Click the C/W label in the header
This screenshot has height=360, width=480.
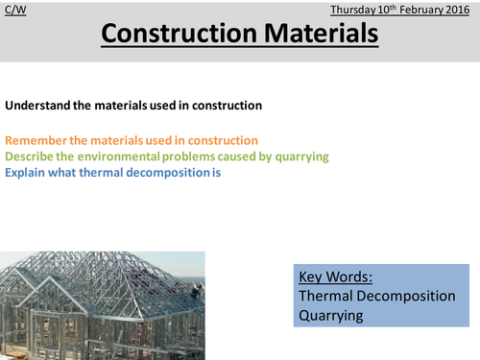click(14, 9)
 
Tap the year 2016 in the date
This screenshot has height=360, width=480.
click(458, 9)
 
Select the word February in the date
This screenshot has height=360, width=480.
click(420, 9)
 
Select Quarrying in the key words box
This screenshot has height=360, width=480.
click(332, 316)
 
